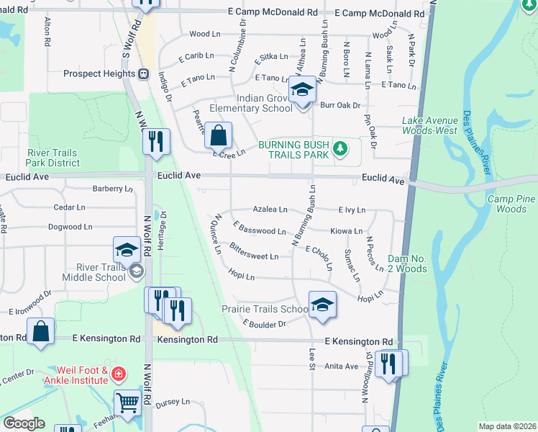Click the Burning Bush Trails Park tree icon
coord(340,150)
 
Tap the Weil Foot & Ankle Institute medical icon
coord(118,374)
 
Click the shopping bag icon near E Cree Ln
coord(218,134)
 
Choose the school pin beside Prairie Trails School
coord(322,304)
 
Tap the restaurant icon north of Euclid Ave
coord(155,141)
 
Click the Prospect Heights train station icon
coord(143,73)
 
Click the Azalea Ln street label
coord(270,210)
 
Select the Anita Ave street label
coord(342,366)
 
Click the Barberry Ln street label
coord(113,189)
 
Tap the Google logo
coord(23,423)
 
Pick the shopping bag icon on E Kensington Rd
coord(41,331)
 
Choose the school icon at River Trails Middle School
coord(127,250)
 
